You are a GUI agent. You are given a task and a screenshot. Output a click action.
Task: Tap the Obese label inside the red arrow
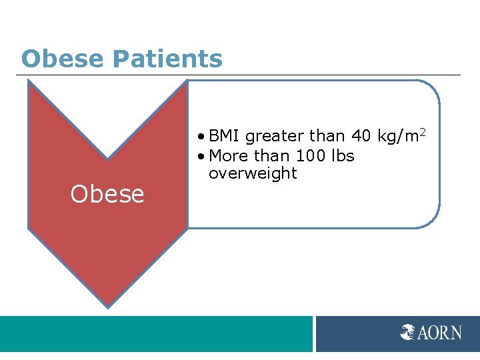point(107,194)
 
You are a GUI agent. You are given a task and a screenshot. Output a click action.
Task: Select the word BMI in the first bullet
point(225,137)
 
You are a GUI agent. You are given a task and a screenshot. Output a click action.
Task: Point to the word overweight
point(253,174)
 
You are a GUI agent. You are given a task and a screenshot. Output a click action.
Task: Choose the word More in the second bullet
point(227,156)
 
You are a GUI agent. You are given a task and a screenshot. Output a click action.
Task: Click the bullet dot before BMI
point(202,137)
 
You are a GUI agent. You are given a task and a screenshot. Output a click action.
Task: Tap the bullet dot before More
point(202,157)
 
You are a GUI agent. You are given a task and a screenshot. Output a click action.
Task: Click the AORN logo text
point(439,332)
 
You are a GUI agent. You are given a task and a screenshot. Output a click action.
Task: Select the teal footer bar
point(156,333)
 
